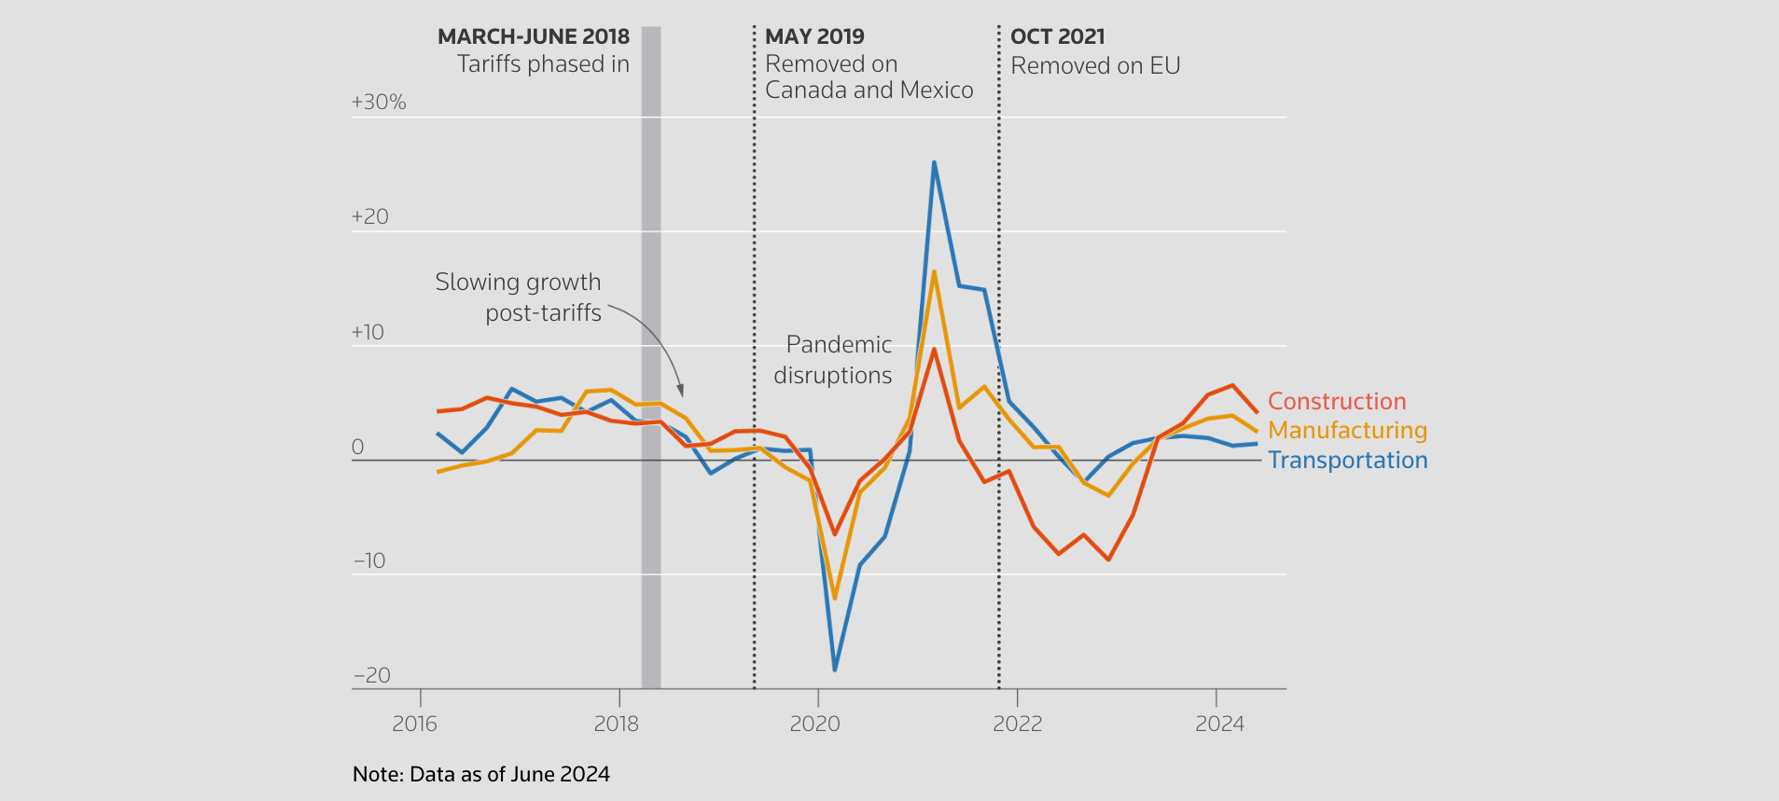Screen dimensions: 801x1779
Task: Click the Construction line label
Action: point(1336,401)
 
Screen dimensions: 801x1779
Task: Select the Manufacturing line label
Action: point(1347,430)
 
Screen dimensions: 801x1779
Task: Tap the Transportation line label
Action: point(1347,460)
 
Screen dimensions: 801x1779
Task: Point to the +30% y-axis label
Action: point(378,102)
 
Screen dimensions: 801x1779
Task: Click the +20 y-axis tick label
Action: point(369,216)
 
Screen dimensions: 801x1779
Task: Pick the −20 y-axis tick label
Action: point(371,675)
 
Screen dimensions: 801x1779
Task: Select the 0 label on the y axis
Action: point(357,447)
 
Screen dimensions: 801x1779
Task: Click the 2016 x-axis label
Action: point(414,724)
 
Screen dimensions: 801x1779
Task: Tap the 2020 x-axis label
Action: point(814,724)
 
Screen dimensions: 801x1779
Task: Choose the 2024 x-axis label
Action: point(1219,724)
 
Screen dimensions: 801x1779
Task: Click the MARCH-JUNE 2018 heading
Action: point(534,36)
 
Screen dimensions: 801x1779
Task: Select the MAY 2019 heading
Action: point(814,36)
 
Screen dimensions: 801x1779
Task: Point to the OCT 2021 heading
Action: point(1057,36)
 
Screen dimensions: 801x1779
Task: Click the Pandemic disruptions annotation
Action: point(834,360)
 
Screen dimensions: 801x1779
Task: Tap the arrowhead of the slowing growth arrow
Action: point(681,393)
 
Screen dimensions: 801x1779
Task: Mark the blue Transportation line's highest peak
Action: point(934,162)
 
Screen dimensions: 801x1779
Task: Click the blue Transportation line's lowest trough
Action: point(834,670)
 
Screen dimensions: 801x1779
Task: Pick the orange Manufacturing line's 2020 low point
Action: point(834,598)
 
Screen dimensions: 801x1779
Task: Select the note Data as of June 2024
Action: point(481,774)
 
